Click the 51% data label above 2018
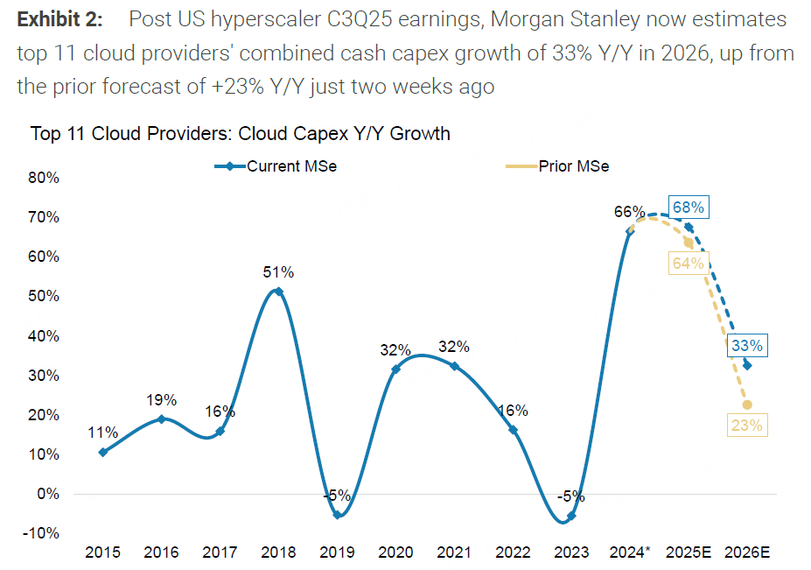tap(278, 272)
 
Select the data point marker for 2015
tap(103, 452)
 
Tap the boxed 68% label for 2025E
tap(688, 208)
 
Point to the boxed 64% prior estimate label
tap(687, 263)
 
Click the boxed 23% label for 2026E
tap(745, 426)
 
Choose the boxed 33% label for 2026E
tap(745, 346)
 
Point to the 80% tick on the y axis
tap(44, 178)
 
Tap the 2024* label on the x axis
tap(629, 553)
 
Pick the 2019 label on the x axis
tap(336, 553)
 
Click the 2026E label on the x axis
tap(746, 553)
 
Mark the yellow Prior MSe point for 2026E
tap(747, 405)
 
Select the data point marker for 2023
tap(571, 517)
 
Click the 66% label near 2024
tap(629, 212)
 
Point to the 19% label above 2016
tap(162, 400)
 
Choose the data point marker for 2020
tap(395, 369)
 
